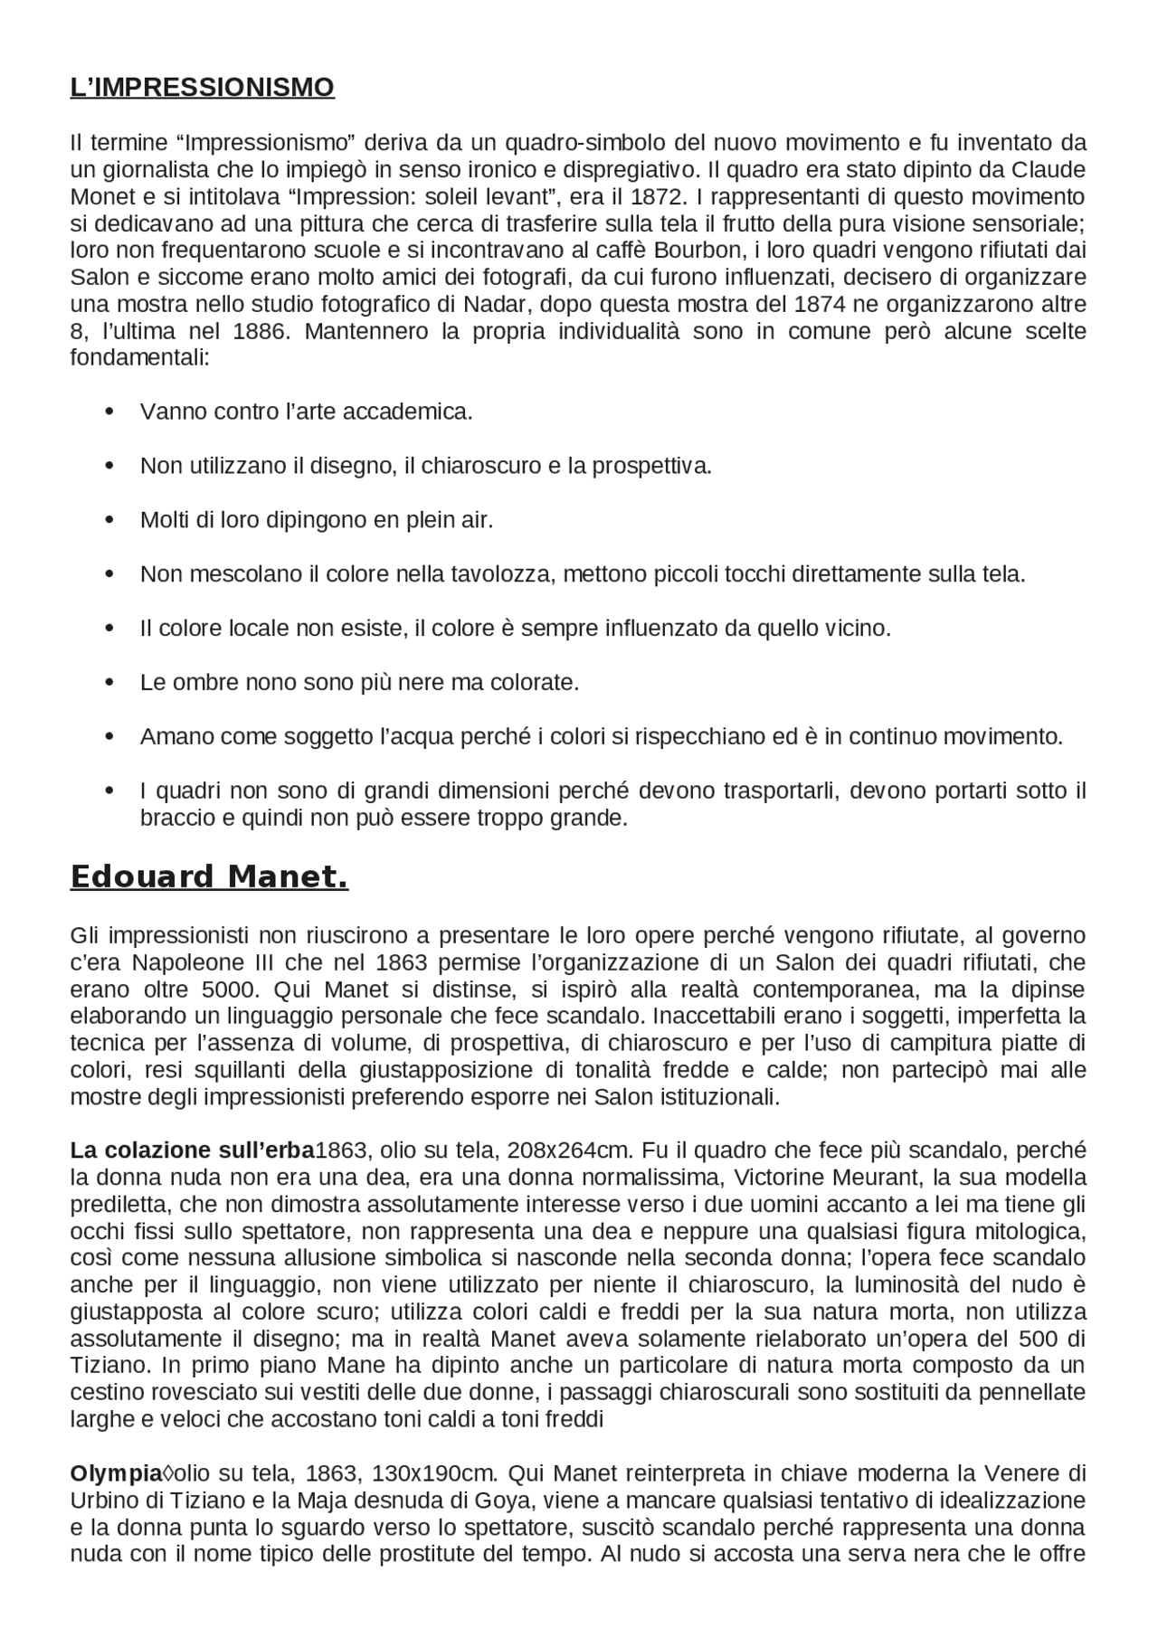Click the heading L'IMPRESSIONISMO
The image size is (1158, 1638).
coord(202,88)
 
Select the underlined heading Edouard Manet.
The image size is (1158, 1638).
coord(209,877)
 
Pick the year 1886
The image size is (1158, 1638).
coord(261,331)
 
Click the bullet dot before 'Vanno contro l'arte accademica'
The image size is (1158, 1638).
coord(109,412)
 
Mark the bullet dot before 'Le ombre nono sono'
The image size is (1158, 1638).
coord(109,683)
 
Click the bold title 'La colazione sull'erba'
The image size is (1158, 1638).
coord(192,1151)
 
